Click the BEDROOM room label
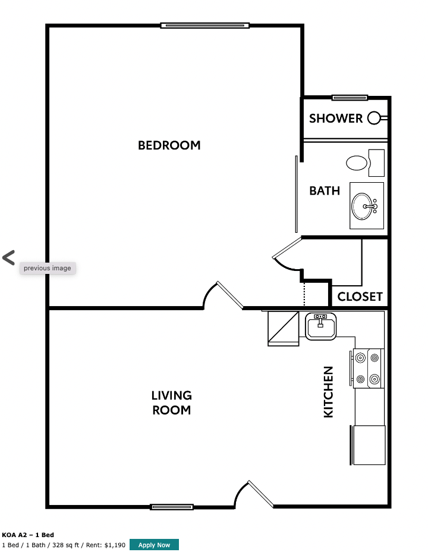(x=169, y=145)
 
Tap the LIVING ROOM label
(x=171, y=403)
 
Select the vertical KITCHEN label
(x=328, y=392)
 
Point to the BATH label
(x=325, y=191)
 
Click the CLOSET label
(x=360, y=297)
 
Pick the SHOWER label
(x=336, y=118)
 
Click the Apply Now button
(x=154, y=545)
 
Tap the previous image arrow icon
(x=8, y=258)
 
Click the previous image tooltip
(x=48, y=268)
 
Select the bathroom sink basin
(x=364, y=206)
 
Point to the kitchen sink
(x=321, y=326)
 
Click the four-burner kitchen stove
(x=367, y=368)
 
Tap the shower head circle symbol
(x=374, y=118)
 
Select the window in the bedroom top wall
(x=204, y=26)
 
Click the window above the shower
(x=350, y=98)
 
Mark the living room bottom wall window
(x=172, y=507)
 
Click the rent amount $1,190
(x=115, y=545)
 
